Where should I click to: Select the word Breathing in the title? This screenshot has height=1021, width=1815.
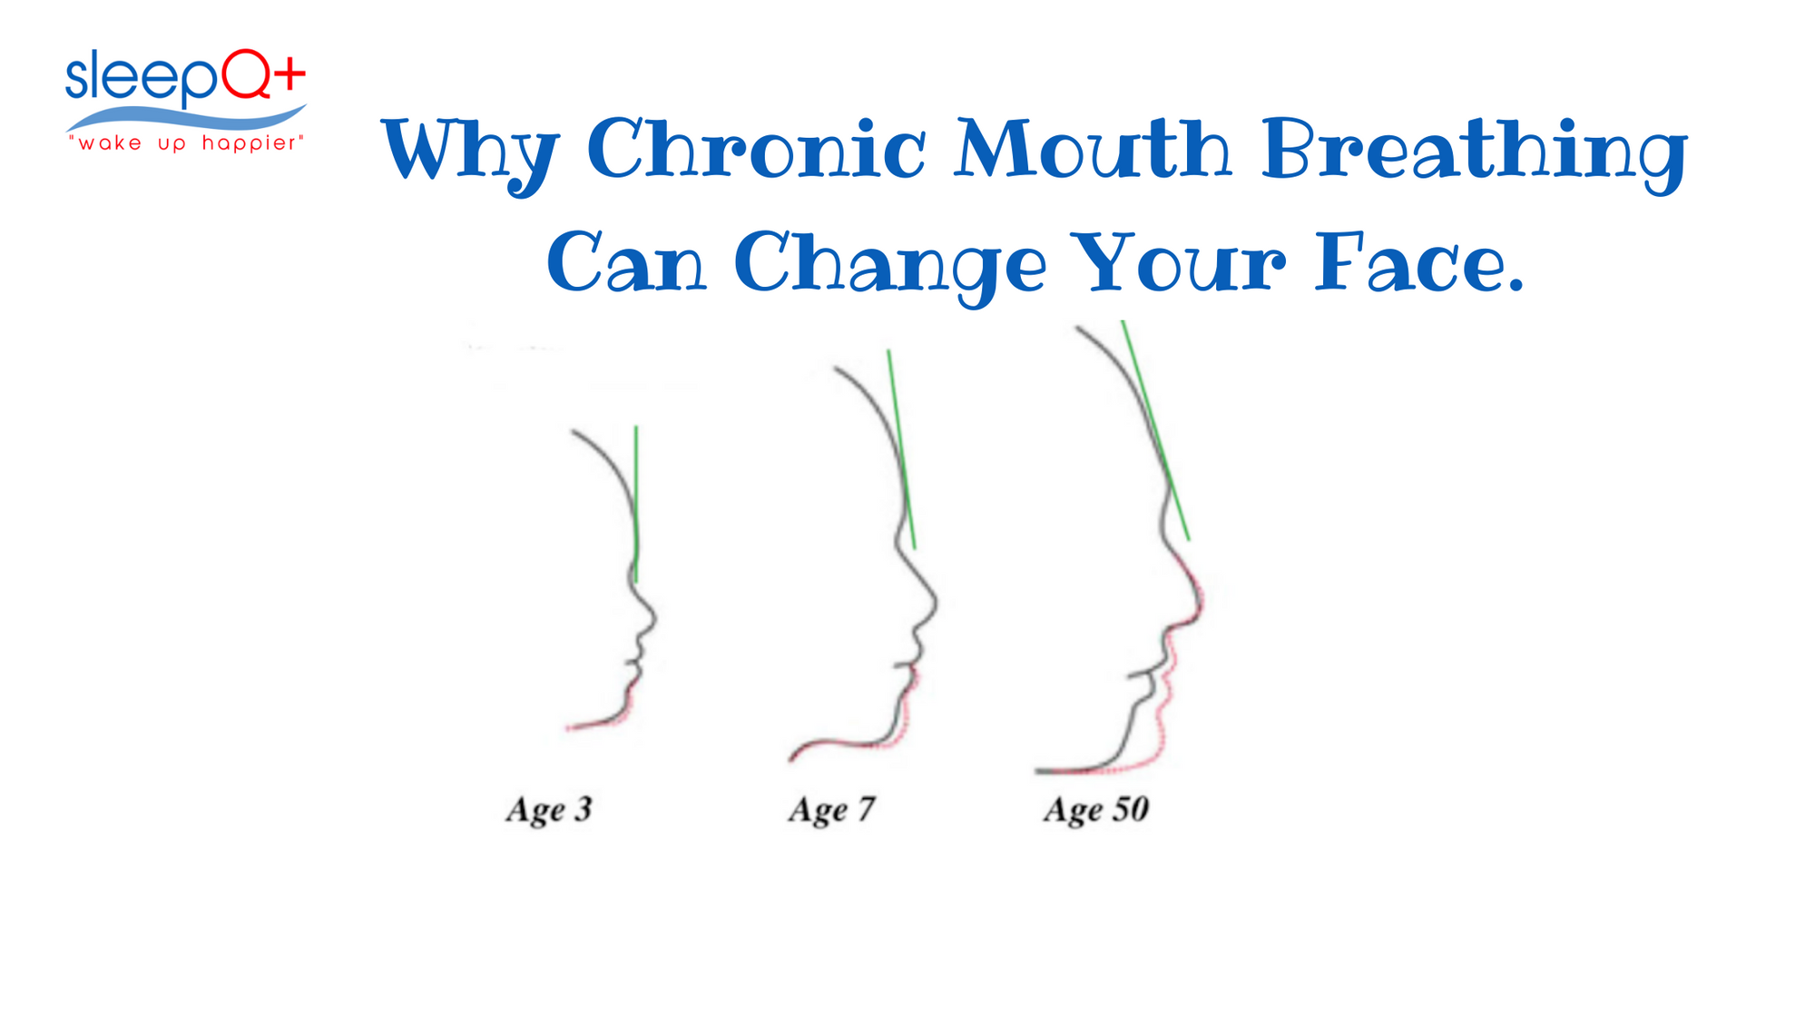[1475, 154]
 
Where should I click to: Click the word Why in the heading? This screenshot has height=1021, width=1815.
[470, 155]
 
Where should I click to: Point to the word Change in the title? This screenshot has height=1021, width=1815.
[890, 265]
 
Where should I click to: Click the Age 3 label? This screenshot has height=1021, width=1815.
[549, 810]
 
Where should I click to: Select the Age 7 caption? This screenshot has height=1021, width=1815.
[831, 810]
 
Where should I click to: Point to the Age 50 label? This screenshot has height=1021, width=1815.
[1096, 810]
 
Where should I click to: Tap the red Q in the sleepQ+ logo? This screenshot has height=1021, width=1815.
[246, 74]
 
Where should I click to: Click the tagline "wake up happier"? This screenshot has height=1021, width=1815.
[186, 144]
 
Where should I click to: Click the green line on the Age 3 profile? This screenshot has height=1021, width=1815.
[636, 504]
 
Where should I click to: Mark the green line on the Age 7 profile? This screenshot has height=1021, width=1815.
[901, 449]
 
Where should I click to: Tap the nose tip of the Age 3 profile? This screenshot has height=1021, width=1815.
[655, 619]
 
